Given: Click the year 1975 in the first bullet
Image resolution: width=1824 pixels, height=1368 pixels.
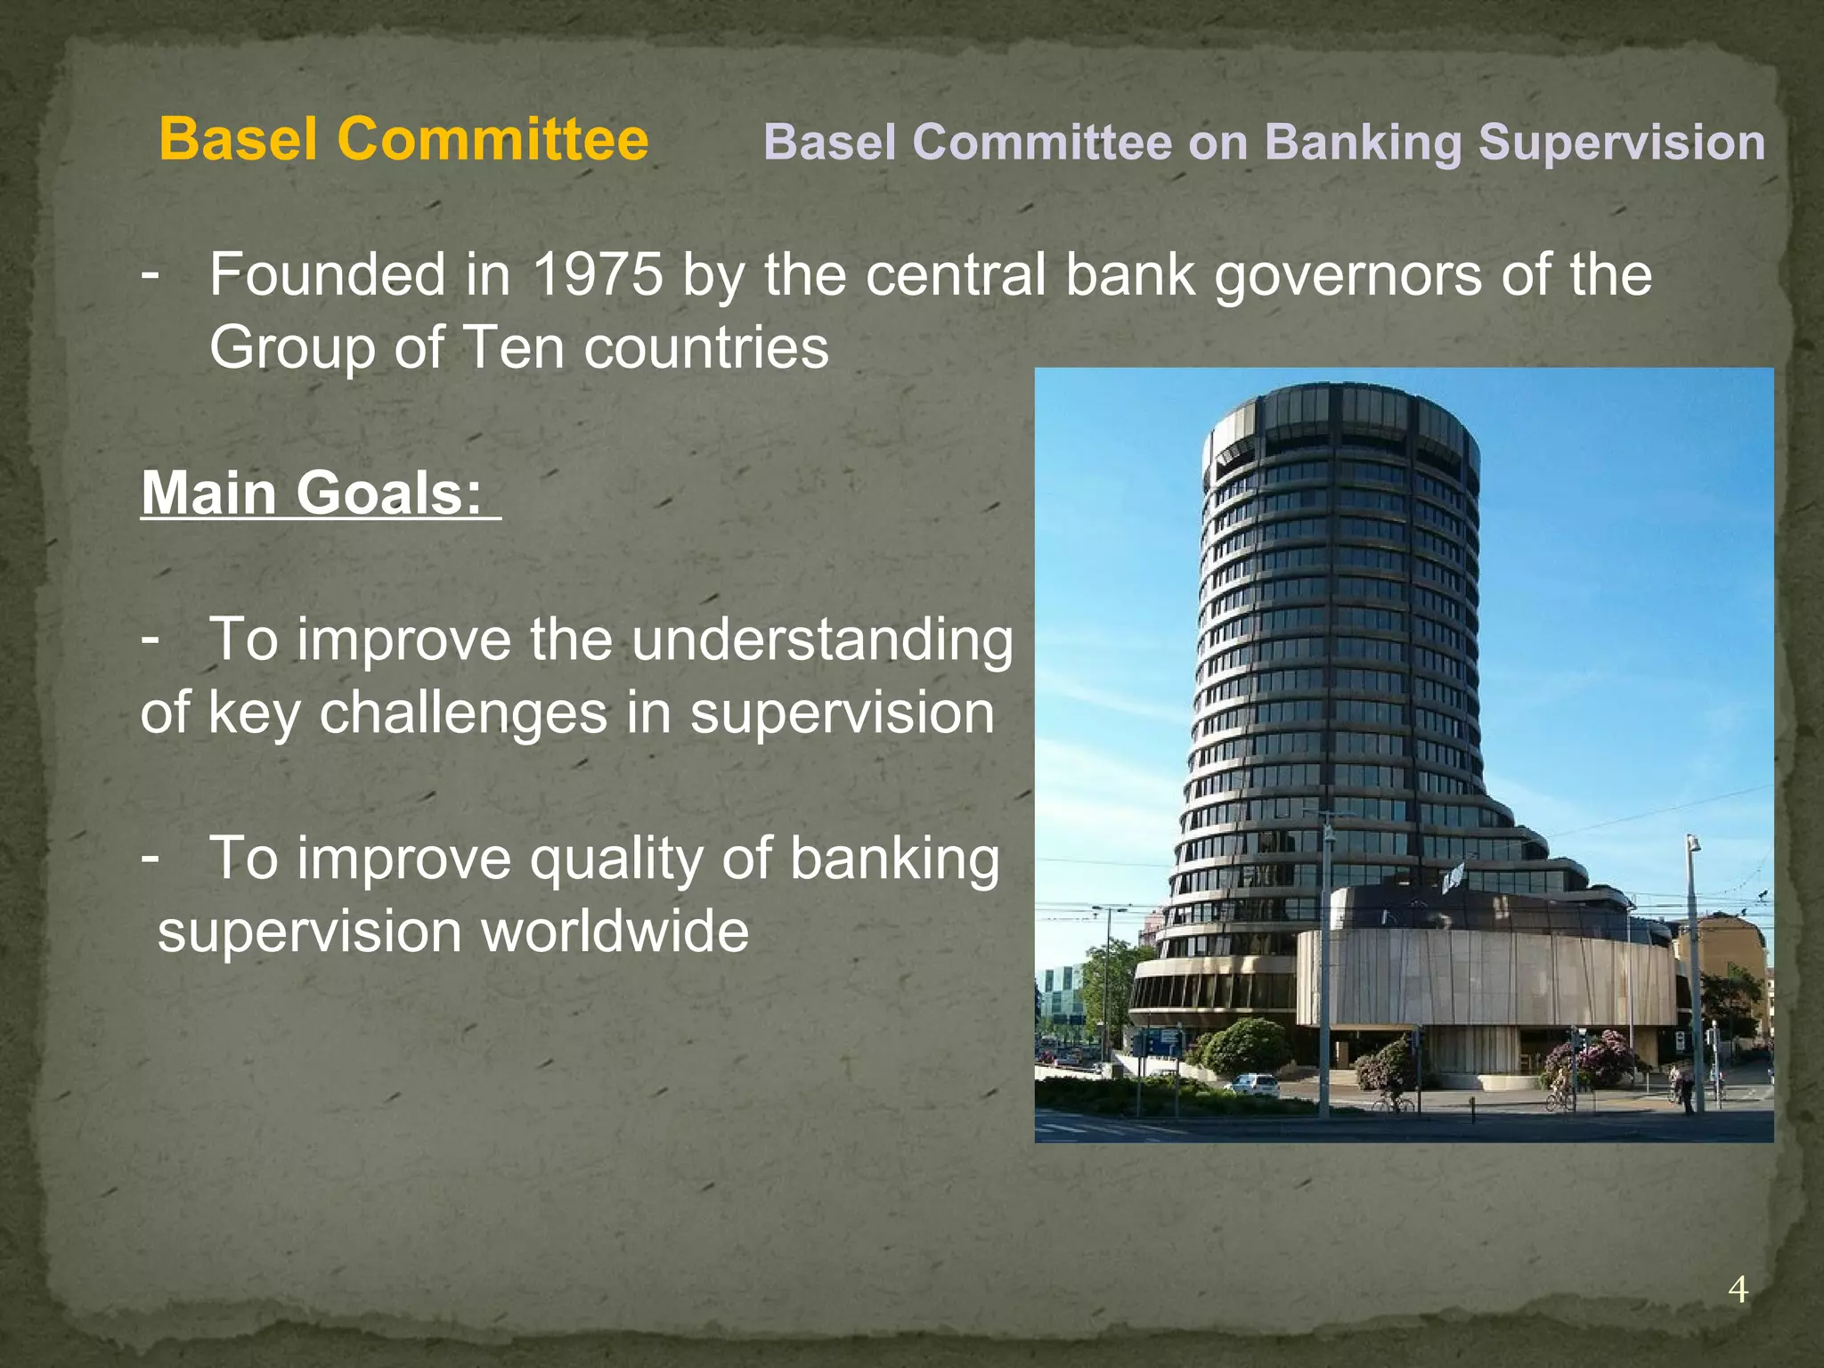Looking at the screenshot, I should coord(598,274).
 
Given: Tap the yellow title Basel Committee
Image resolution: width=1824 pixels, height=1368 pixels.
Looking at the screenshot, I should coord(403,140).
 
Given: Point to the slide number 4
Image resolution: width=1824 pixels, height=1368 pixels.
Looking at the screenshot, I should coord(1738,1290).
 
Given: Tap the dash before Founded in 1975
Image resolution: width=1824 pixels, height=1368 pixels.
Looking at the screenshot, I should coord(151,273).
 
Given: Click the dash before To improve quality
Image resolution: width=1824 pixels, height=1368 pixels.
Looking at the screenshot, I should coord(151,857).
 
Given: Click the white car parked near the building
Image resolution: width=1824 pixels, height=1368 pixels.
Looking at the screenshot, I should coord(1253,1085).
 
